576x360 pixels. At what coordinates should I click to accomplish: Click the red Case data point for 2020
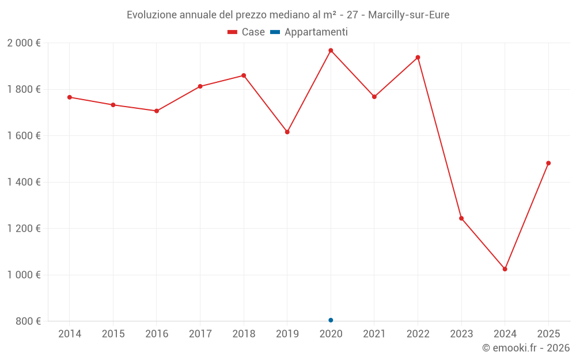coord(331,51)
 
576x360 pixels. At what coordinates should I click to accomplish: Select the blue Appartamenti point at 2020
coord(331,320)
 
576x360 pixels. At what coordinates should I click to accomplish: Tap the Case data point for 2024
coord(505,269)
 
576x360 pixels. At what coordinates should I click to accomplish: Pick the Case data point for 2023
coord(461,218)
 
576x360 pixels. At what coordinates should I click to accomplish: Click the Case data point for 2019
coord(287,132)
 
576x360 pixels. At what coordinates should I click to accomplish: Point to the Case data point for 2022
coord(418,58)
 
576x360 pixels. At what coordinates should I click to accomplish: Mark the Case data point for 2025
coord(548,163)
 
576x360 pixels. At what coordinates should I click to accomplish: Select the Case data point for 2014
coord(70,97)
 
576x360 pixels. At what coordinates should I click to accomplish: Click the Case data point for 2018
coord(244,75)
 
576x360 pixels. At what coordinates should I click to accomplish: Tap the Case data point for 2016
coord(157,111)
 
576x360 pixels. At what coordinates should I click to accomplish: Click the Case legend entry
coord(247,32)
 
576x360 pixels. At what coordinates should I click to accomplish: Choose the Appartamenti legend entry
coord(309,32)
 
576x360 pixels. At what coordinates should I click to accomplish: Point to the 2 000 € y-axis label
coord(24,43)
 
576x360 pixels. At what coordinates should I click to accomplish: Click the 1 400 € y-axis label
coord(24,182)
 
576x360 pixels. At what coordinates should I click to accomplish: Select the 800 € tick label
coord(28,321)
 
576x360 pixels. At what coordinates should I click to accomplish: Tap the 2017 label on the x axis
coord(200,334)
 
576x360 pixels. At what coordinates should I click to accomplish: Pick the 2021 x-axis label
coord(374,334)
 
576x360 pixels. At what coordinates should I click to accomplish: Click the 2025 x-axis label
coord(548,334)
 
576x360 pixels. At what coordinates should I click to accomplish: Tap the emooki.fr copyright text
coord(526,348)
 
